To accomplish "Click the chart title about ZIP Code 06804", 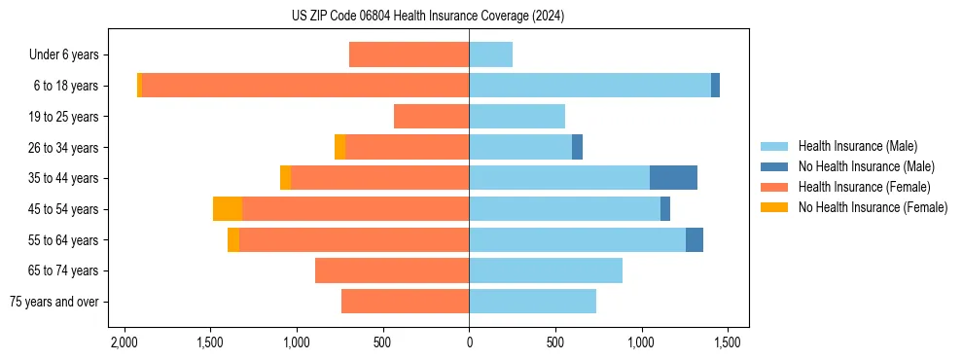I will (427, 17).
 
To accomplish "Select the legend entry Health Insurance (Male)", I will (857, 146).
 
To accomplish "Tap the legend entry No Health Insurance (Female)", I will (873, 207).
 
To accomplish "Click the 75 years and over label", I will (54, 302).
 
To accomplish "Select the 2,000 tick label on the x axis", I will (124, 342).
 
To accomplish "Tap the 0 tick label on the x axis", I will (469, 342).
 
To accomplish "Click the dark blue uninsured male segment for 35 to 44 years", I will (673, 178).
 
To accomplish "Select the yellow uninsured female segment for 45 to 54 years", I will (228, 209).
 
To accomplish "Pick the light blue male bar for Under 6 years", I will (490, 55).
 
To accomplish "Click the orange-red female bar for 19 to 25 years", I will (431, 117).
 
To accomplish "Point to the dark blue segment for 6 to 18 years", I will (715, 86).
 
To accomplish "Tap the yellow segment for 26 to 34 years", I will (339, 147).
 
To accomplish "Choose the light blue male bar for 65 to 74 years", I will (546, 270).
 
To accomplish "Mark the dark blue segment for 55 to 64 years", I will (695, 239).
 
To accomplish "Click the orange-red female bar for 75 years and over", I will (405, 302).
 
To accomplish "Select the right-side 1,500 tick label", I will (728, 342).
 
